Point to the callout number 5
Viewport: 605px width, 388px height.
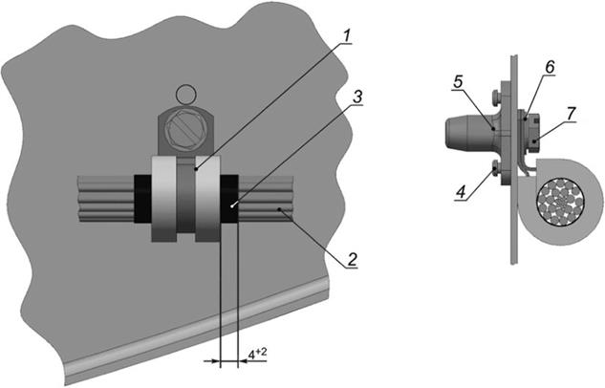[x=459, y=83]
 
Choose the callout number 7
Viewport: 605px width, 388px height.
[x=570, y=112]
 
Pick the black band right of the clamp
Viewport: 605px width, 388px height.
[x=230, y=202]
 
